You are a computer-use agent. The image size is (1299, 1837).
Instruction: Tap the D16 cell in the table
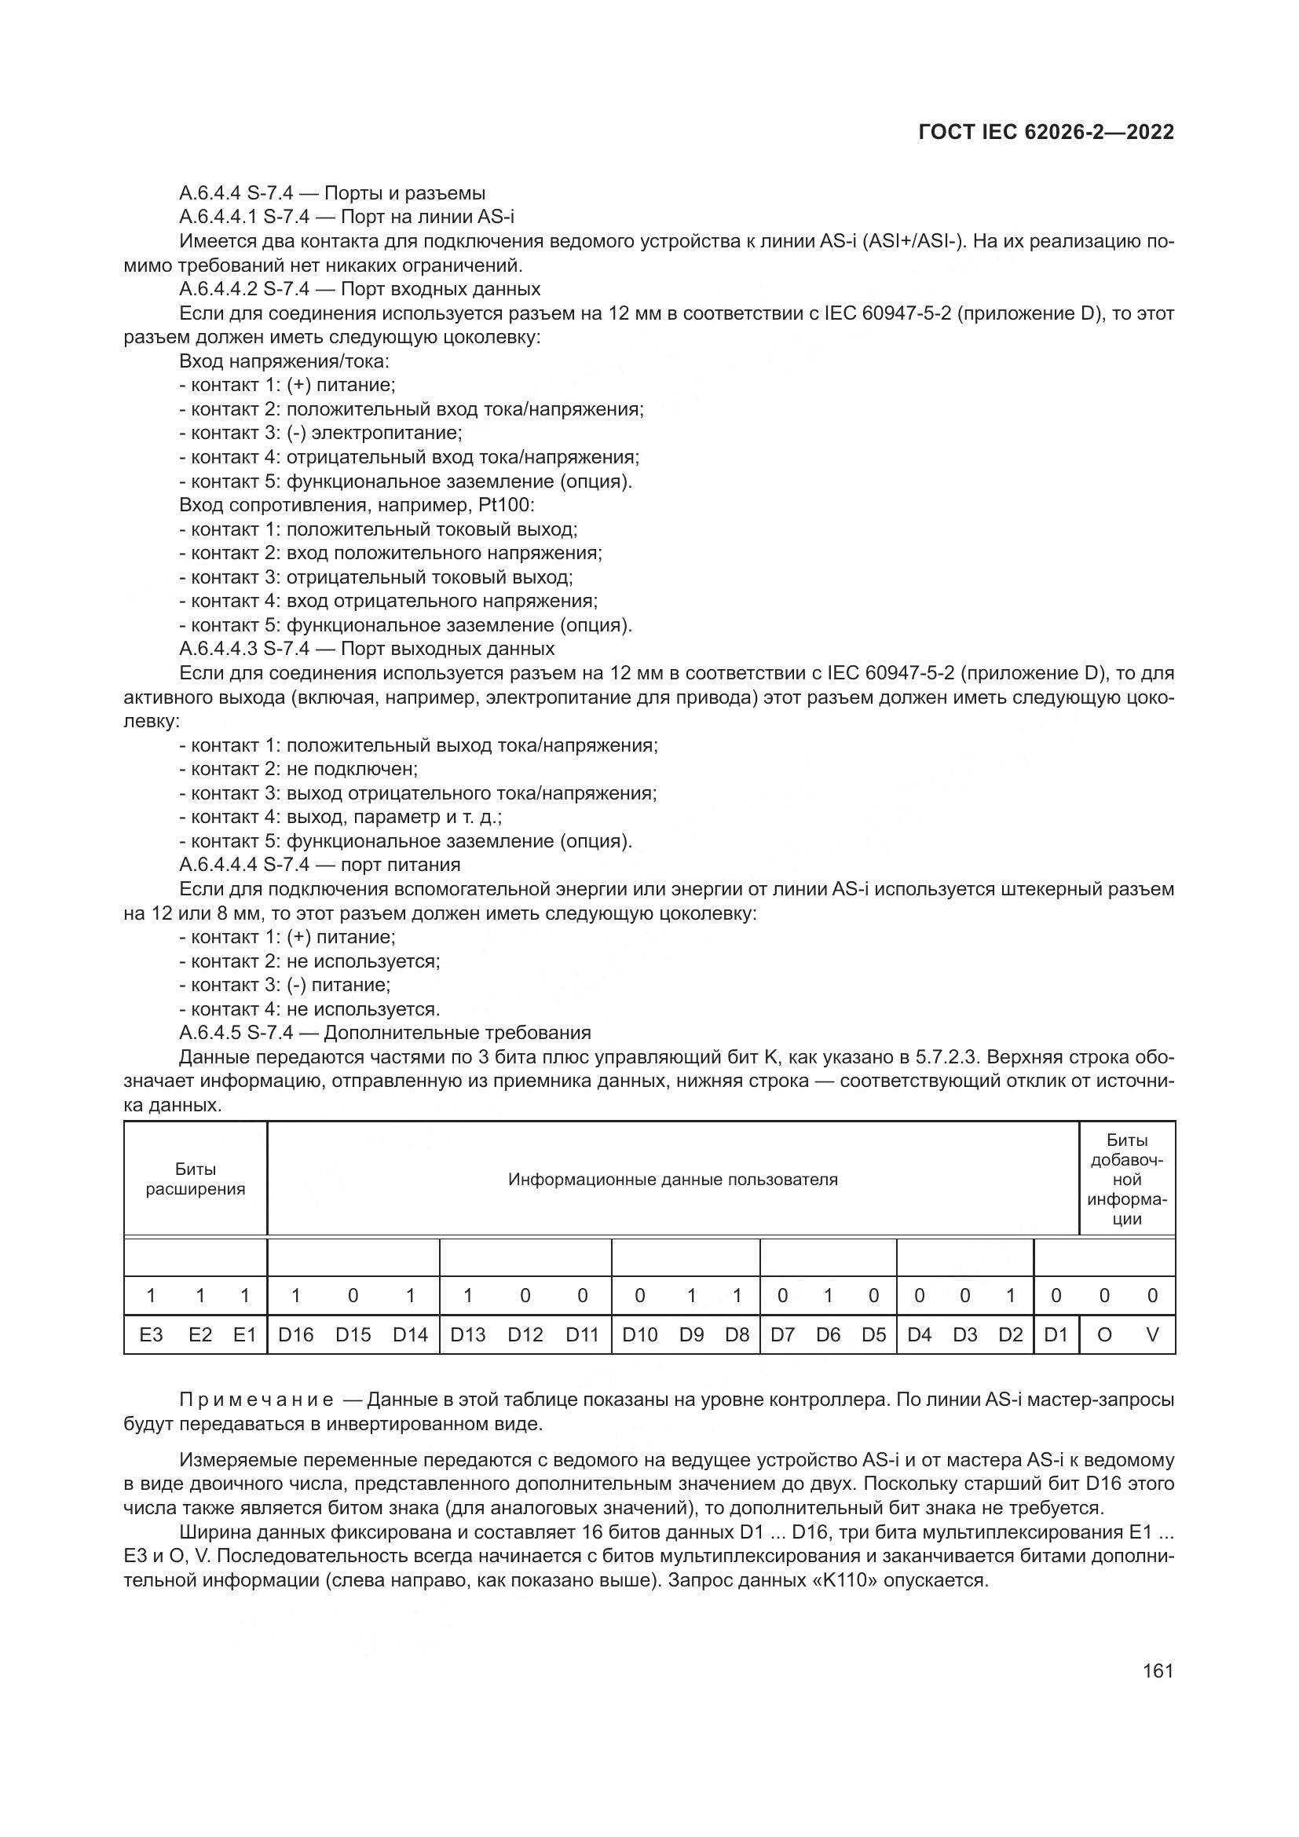pos(295,1334)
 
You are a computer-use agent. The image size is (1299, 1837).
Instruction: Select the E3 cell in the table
pos(151,1334)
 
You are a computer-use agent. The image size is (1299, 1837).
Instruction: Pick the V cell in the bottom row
pos(1152,1334)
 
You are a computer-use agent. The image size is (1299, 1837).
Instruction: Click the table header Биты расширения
pos(196,1179)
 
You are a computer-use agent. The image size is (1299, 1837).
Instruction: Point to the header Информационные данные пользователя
pos(673,1180)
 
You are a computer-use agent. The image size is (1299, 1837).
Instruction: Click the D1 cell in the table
pos(1056,1334)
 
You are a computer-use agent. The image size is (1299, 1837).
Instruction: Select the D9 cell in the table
pos(691,1334)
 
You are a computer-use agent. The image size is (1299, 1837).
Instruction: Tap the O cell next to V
pos(1103,1334)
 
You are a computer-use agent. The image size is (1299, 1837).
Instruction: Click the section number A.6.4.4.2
pos(218,289)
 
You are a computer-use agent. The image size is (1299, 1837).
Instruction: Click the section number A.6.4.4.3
pos(218,648)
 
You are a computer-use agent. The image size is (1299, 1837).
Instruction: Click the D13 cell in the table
pos(467,1334)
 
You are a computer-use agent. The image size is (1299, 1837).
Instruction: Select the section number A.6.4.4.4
pos(218,864)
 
